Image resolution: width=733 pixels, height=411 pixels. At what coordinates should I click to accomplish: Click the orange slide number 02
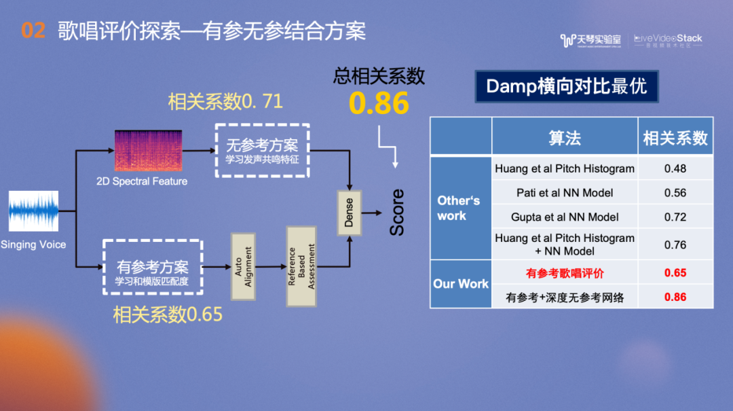(33, 30)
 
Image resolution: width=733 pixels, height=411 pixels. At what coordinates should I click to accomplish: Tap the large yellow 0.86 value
(379, 103)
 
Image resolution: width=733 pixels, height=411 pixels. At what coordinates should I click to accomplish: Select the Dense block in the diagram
(349, 213)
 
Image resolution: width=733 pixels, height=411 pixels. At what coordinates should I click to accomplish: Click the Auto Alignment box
(242, 266)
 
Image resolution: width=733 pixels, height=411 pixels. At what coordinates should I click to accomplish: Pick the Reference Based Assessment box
(301, 266)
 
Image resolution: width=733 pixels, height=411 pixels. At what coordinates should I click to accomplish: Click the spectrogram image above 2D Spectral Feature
(148, 151)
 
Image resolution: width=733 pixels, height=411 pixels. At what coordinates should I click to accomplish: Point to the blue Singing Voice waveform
(33, 211)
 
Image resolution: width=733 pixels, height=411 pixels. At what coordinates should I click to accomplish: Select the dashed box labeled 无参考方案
(262, 150)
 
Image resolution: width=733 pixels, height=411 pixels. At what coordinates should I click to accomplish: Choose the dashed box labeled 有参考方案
(153, 266)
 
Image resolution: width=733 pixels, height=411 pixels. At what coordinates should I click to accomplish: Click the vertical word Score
(397, 213)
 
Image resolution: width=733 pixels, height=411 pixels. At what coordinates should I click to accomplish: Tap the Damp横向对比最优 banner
(566, 86)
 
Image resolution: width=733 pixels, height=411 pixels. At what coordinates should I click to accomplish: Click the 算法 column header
(564, 138)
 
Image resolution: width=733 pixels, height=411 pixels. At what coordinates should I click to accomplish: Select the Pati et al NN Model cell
(564, 193)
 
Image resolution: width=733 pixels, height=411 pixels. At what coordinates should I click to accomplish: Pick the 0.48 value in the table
(675, 168)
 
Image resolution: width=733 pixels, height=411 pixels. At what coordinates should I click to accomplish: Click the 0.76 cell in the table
(675, 245)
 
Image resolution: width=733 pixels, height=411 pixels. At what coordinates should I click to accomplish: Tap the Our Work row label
(461, 284)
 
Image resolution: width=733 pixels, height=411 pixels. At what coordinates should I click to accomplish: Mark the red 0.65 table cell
(675, 273)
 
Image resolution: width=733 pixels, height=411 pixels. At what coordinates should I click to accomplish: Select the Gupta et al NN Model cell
(564, 217)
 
